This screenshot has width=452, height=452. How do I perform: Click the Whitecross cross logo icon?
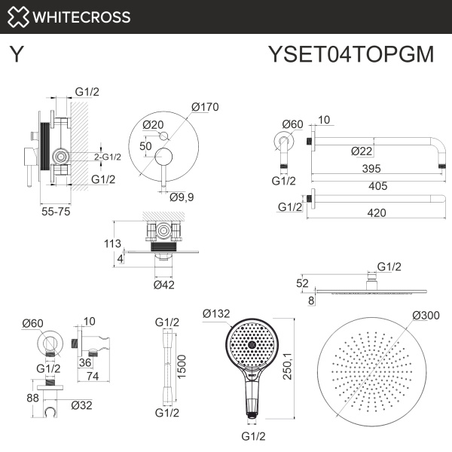[x=19, y=17]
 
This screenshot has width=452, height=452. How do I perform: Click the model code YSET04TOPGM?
[x=350, y=55]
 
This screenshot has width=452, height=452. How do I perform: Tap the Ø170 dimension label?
[x=205, y=107]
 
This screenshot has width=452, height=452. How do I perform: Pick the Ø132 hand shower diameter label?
[x=217, y=312]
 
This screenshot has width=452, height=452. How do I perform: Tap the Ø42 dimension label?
[x=164, y=285]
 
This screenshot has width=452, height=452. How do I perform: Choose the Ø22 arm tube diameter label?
[x=362, y=151]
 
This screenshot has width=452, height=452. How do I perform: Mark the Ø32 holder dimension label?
[x=81, y=405]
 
